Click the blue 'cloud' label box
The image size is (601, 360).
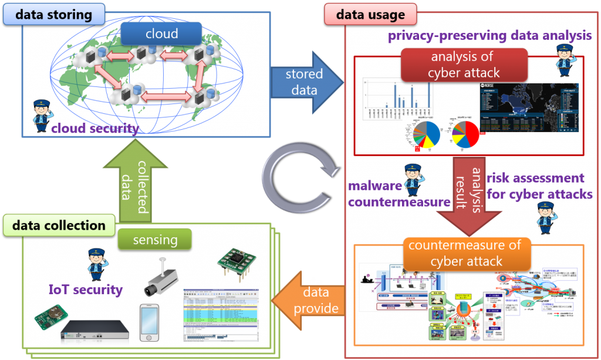[161, 34]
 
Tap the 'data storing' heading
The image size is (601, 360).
[54, 14]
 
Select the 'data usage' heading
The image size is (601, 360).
[370, 15]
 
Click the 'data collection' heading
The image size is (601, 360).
[59, 226]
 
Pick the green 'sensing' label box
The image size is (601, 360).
[155, 240]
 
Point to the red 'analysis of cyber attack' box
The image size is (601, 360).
[464, 65]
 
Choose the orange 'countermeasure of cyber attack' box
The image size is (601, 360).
[466, 253]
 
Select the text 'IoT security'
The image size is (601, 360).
[86, 289]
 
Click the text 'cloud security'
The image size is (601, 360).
[94, 129]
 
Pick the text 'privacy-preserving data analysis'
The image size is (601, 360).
[489, 36]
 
